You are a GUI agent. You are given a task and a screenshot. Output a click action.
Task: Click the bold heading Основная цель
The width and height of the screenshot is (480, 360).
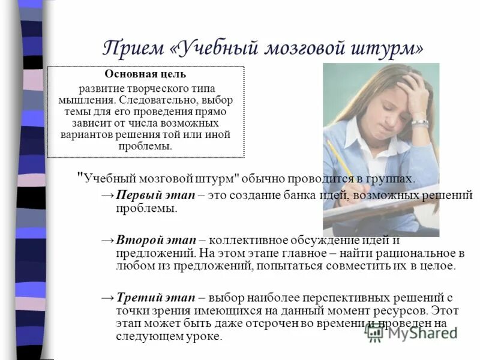(146, 75)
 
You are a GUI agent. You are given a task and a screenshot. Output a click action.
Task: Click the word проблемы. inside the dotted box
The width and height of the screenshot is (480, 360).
(146, 146)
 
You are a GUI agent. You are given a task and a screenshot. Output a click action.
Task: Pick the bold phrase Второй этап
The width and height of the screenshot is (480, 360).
(146, 240)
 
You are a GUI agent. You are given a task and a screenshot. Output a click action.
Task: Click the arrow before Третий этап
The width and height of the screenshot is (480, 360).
(107, 298)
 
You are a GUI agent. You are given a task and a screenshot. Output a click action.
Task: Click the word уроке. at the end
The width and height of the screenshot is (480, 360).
(207, 337)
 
